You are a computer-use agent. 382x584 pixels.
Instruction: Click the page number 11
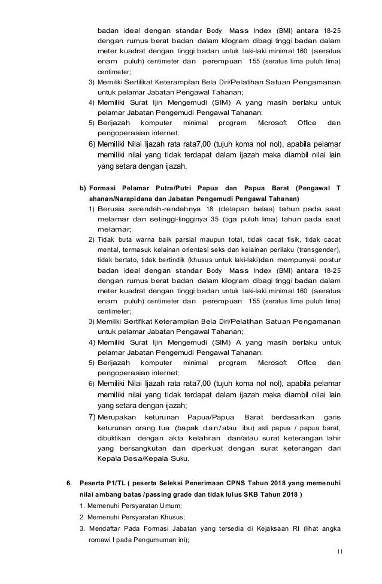[340, 567]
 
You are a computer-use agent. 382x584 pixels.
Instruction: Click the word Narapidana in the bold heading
[129, 197]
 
